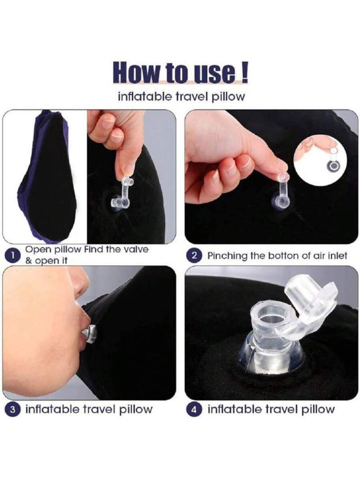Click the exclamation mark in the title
point(244,72)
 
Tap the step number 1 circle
point(12,255)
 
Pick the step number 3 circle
point(12,409)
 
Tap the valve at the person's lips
point(90,334)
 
